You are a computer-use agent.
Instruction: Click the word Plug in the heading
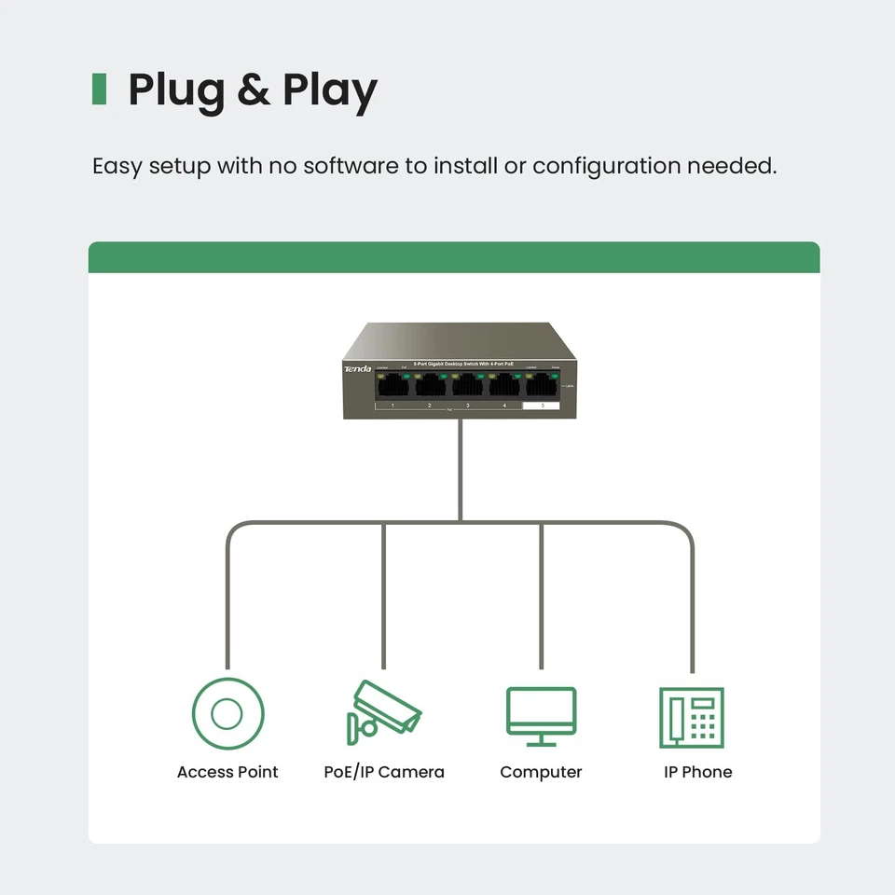[x=174, y=90]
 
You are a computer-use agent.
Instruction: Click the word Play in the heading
[x=330, y=90]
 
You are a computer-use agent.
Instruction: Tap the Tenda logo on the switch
[x=358, y=369]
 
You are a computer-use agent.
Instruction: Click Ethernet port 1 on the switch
[x=393, y=384]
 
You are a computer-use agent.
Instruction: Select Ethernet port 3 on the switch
[x=467, y=384]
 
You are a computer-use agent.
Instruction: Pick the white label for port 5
[x=542, y=406]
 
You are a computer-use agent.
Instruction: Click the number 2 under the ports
[x=430, y=406]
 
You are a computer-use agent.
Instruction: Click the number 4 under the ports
[x=504, y=406]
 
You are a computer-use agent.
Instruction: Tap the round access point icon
[x=227, y=714]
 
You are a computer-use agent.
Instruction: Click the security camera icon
[x=383, y=713]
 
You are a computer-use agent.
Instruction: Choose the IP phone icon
[x=691, y=717]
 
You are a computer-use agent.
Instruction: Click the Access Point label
[x=227, y=772]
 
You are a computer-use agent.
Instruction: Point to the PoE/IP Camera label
[x=384, y=772]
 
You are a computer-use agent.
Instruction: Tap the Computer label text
[x=541, y=772]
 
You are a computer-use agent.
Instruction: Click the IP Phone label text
[x=697, y=772]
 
